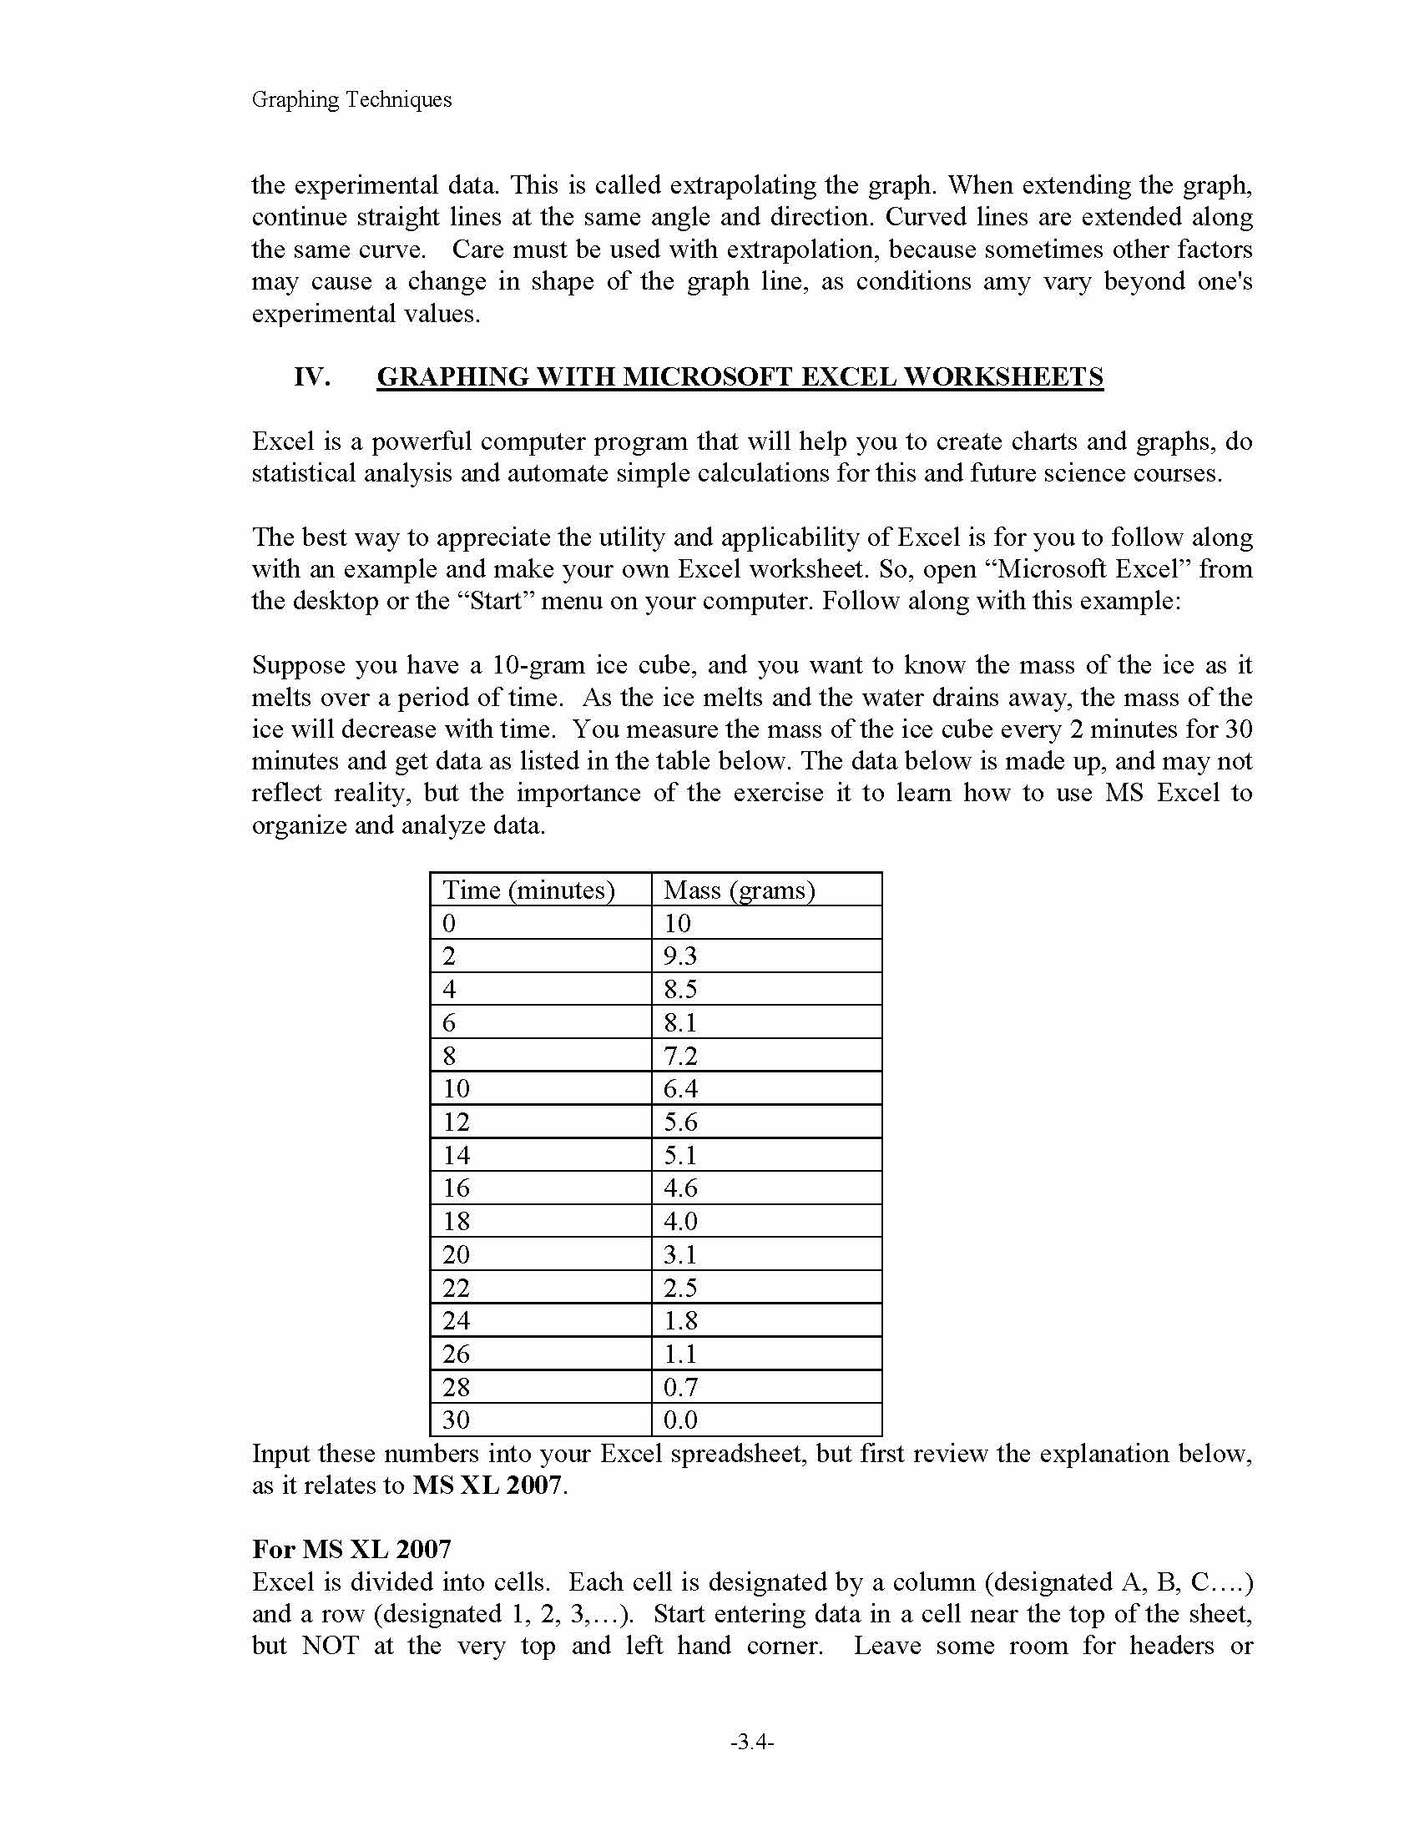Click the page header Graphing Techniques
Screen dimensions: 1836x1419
[x=351, y=99]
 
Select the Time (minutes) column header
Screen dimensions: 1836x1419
[x=528, y=890]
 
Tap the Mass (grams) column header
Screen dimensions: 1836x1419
[x=739, y=890]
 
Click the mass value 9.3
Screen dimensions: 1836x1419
[x=680, y=956]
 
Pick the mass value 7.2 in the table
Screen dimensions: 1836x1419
[x=680, y=1056]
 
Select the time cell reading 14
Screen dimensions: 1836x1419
[x=457, y=1155]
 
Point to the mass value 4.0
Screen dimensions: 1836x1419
[x=680, y=1221]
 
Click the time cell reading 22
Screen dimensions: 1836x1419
[x=457, y=1287]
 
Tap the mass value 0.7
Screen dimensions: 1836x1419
[x=680, y=1386]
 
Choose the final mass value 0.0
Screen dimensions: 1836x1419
[x=680, y=1420]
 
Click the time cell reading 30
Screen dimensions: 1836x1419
[x=457, y=1420]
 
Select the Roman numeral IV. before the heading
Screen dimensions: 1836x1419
[x=312, y=376]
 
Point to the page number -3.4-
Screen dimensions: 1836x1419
[x=751, y=1743]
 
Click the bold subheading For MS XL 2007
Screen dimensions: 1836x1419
[x=351, y=1548]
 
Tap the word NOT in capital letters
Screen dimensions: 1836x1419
[x=330, y=1645]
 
